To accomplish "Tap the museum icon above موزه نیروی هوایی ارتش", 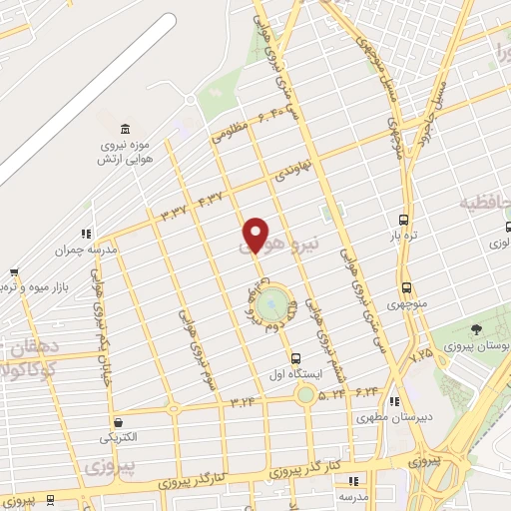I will tap(124, 131).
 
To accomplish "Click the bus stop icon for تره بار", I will tap(403, 219).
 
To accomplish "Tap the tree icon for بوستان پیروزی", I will tap(477, 329).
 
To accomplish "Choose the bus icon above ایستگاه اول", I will tap(294, 357).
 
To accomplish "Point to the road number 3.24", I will tap(243, 402).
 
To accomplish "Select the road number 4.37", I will tap(212, 194).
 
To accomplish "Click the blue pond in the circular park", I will tap(271, 303).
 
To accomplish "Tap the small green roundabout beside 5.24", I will tap(304, 395).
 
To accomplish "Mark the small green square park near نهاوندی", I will tap(328, 212).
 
